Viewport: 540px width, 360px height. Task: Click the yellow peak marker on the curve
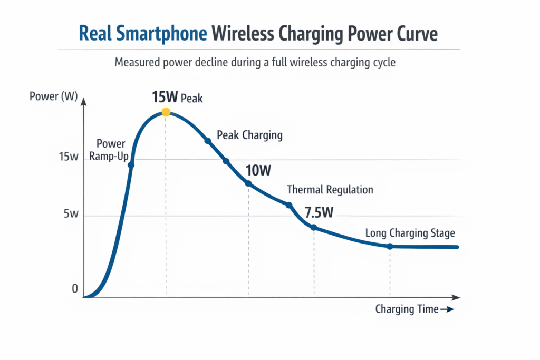point(166,112)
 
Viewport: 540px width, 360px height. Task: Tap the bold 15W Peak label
point(177,98)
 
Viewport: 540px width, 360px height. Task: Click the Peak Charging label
point(249,135)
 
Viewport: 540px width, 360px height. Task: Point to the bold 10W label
point(258,170)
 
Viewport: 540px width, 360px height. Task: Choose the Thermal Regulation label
point(330,190)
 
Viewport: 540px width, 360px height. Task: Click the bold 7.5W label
point(319,213)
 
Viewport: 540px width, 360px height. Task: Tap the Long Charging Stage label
point(410,233)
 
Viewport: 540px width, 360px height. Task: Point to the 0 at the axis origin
point(75,289)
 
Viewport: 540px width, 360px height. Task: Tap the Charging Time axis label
point(407,309)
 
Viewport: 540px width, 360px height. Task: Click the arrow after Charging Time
point(447,310)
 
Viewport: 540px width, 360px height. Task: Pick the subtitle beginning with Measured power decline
point(255,62)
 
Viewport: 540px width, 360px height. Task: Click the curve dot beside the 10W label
point(248,183)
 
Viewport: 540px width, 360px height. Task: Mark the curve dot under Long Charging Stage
point(390,246)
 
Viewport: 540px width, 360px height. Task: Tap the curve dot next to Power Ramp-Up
point(131,165)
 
